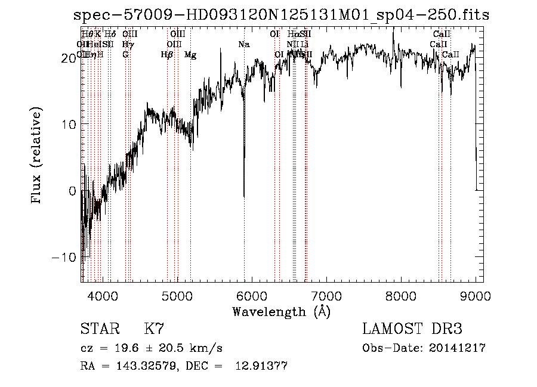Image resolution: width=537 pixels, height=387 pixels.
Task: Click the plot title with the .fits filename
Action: click(x=281, y=16)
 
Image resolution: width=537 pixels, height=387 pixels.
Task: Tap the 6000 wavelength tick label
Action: click(x=251, y=295)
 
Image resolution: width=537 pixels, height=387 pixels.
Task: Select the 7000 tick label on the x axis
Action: click(x=326, y=295)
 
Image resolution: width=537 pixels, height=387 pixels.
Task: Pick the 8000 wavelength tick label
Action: click(x=400, y=295)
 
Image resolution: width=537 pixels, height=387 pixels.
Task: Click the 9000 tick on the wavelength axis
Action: click(x=475, y=295)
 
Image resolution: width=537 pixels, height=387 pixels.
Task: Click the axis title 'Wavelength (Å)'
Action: click(x=281, y=311)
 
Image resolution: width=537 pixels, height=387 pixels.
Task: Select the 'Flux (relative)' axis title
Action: click(x=38, y=156)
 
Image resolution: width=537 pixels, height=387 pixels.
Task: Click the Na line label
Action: click(x=244, y=45)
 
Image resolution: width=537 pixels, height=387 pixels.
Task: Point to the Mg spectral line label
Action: click(x=190, y=55)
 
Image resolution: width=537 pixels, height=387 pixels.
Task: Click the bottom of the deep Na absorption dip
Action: click(x=244, y=196)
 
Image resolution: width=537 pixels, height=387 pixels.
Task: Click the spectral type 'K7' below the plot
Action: click(x=154, y=329)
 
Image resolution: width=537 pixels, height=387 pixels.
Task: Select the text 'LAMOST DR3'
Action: click(x=412, y=329)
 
